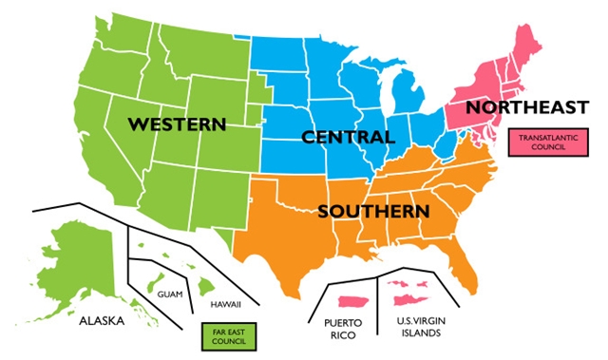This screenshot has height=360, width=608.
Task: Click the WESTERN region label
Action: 177,124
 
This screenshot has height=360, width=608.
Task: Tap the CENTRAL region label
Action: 347,138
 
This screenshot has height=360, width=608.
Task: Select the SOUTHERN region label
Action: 373,209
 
